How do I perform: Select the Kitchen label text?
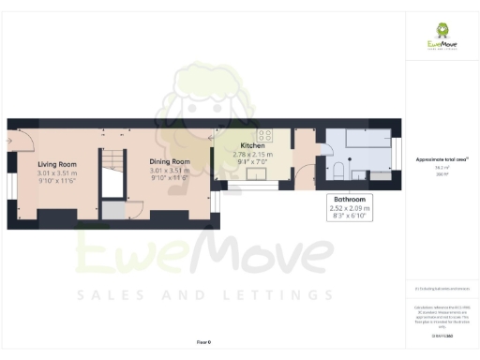[x=253, y=146]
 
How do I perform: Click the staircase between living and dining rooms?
[x=112, y=161]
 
